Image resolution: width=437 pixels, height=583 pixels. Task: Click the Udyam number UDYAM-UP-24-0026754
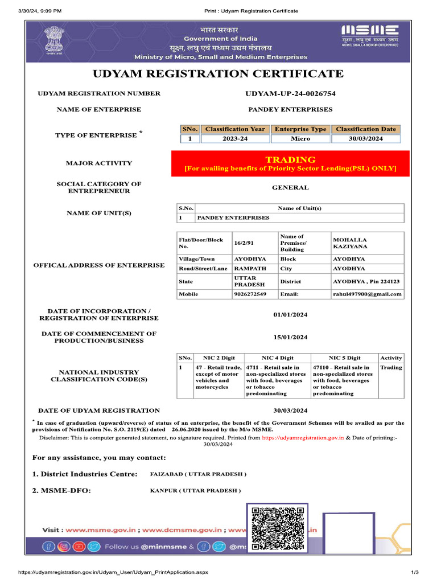[x=290, y=93]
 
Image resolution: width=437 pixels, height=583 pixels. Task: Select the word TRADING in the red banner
[x=290, y=159]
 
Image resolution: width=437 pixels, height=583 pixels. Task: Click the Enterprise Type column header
[x=300, y=129]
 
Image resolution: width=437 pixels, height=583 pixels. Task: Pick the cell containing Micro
[x=300, y=138]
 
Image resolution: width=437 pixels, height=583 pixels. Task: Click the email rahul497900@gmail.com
[x=367, y=294]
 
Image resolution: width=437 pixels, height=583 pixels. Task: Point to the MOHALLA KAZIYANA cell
[x=350, y=243]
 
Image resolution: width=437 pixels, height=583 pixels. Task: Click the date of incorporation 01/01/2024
[x=290, y=314]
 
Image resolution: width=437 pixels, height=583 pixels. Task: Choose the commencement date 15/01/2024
[x=290, y=337]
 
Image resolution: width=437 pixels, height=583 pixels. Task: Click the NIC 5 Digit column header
[x=344, y=358]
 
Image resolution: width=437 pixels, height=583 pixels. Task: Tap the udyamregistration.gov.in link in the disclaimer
[x=303, y=438]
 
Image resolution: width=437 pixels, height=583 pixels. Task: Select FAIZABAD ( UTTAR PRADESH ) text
[x=198, y=474]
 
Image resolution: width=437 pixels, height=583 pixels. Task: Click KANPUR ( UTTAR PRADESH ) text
[x=195, y=490]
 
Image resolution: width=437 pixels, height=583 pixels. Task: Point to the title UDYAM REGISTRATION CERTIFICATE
[x=218, y=73]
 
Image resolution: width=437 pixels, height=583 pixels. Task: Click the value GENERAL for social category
[x=290, y=187]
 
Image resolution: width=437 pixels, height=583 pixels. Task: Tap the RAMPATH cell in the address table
[x=249, y=268]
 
